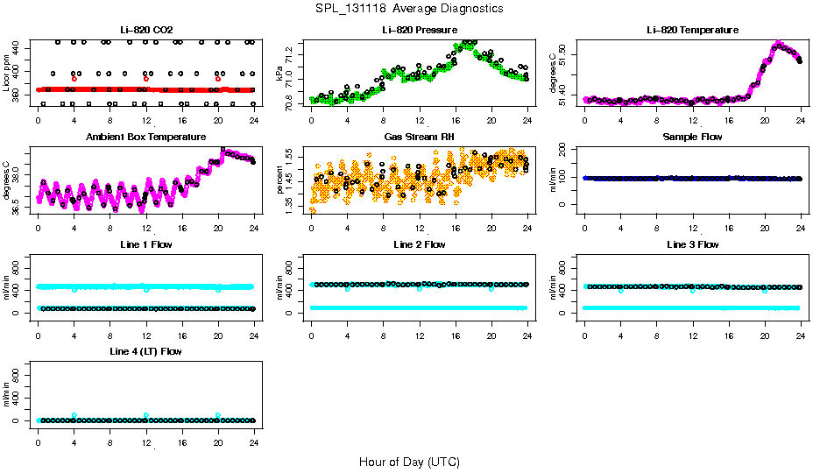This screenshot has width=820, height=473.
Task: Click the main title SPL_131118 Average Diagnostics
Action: (x=410, y=8)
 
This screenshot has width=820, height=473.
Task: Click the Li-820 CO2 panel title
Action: (x=145, y=30)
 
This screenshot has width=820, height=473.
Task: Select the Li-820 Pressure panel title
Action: (x=419, y=30)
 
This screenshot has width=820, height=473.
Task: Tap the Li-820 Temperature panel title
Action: (x=692, y=30)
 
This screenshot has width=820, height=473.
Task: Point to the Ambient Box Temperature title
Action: (x=145, y=137)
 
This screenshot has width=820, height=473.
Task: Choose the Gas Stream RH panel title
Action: (x=419, y=137)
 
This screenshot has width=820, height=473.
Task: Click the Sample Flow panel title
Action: (x=692, y=137)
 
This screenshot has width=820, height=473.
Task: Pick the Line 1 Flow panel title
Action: (x=145, y=244)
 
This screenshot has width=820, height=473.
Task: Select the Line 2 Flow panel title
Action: (x=419, y=244)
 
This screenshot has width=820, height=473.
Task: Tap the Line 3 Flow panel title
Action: (x=692, y=244)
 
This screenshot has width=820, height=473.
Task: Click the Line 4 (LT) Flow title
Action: (x=145, y=351)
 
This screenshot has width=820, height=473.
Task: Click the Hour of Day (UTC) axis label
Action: (x=409, y=462)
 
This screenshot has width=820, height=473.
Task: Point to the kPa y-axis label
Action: (x=280, y=75)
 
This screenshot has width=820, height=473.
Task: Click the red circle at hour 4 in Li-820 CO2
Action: (x=74, y=79)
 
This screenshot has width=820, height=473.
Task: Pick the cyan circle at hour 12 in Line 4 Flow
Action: (x=146, y=415)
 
